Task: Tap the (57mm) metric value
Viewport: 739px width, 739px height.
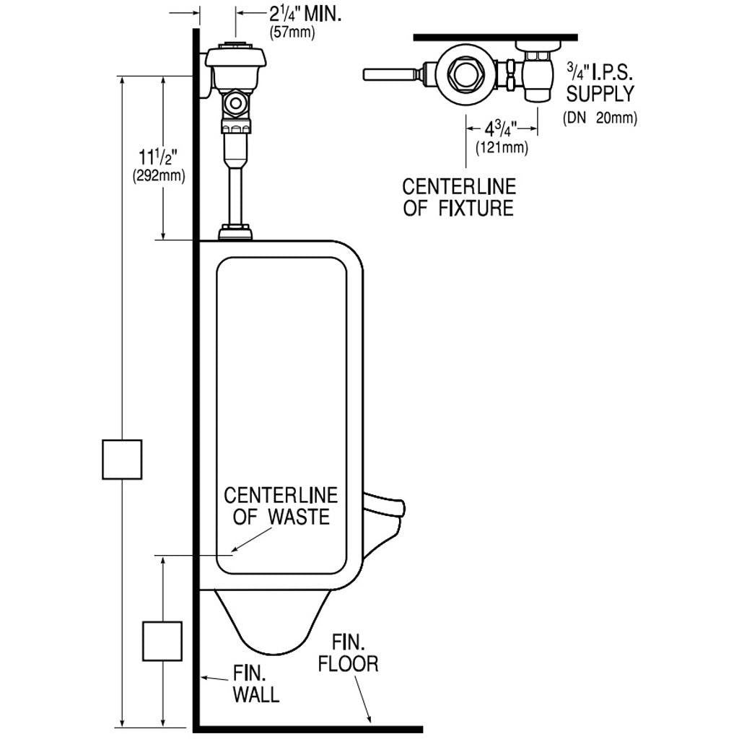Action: click(x=292, y=33)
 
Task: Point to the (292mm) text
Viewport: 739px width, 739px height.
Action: click(x=158, y=175)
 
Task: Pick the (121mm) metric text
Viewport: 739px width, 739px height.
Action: click(x=502, y=148)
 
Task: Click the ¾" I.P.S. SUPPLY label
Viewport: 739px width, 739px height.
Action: click(x=599, y=83)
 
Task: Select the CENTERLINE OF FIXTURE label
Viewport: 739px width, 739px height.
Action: click(x=459, y=197)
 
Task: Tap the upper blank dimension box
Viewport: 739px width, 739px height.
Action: click(x=121, y=459)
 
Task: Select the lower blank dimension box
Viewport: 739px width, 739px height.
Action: click(x=161, y=640)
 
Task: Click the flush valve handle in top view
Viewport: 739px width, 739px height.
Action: click(x=390, y=74)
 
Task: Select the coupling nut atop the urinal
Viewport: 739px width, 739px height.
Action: click(x=235, y=232)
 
